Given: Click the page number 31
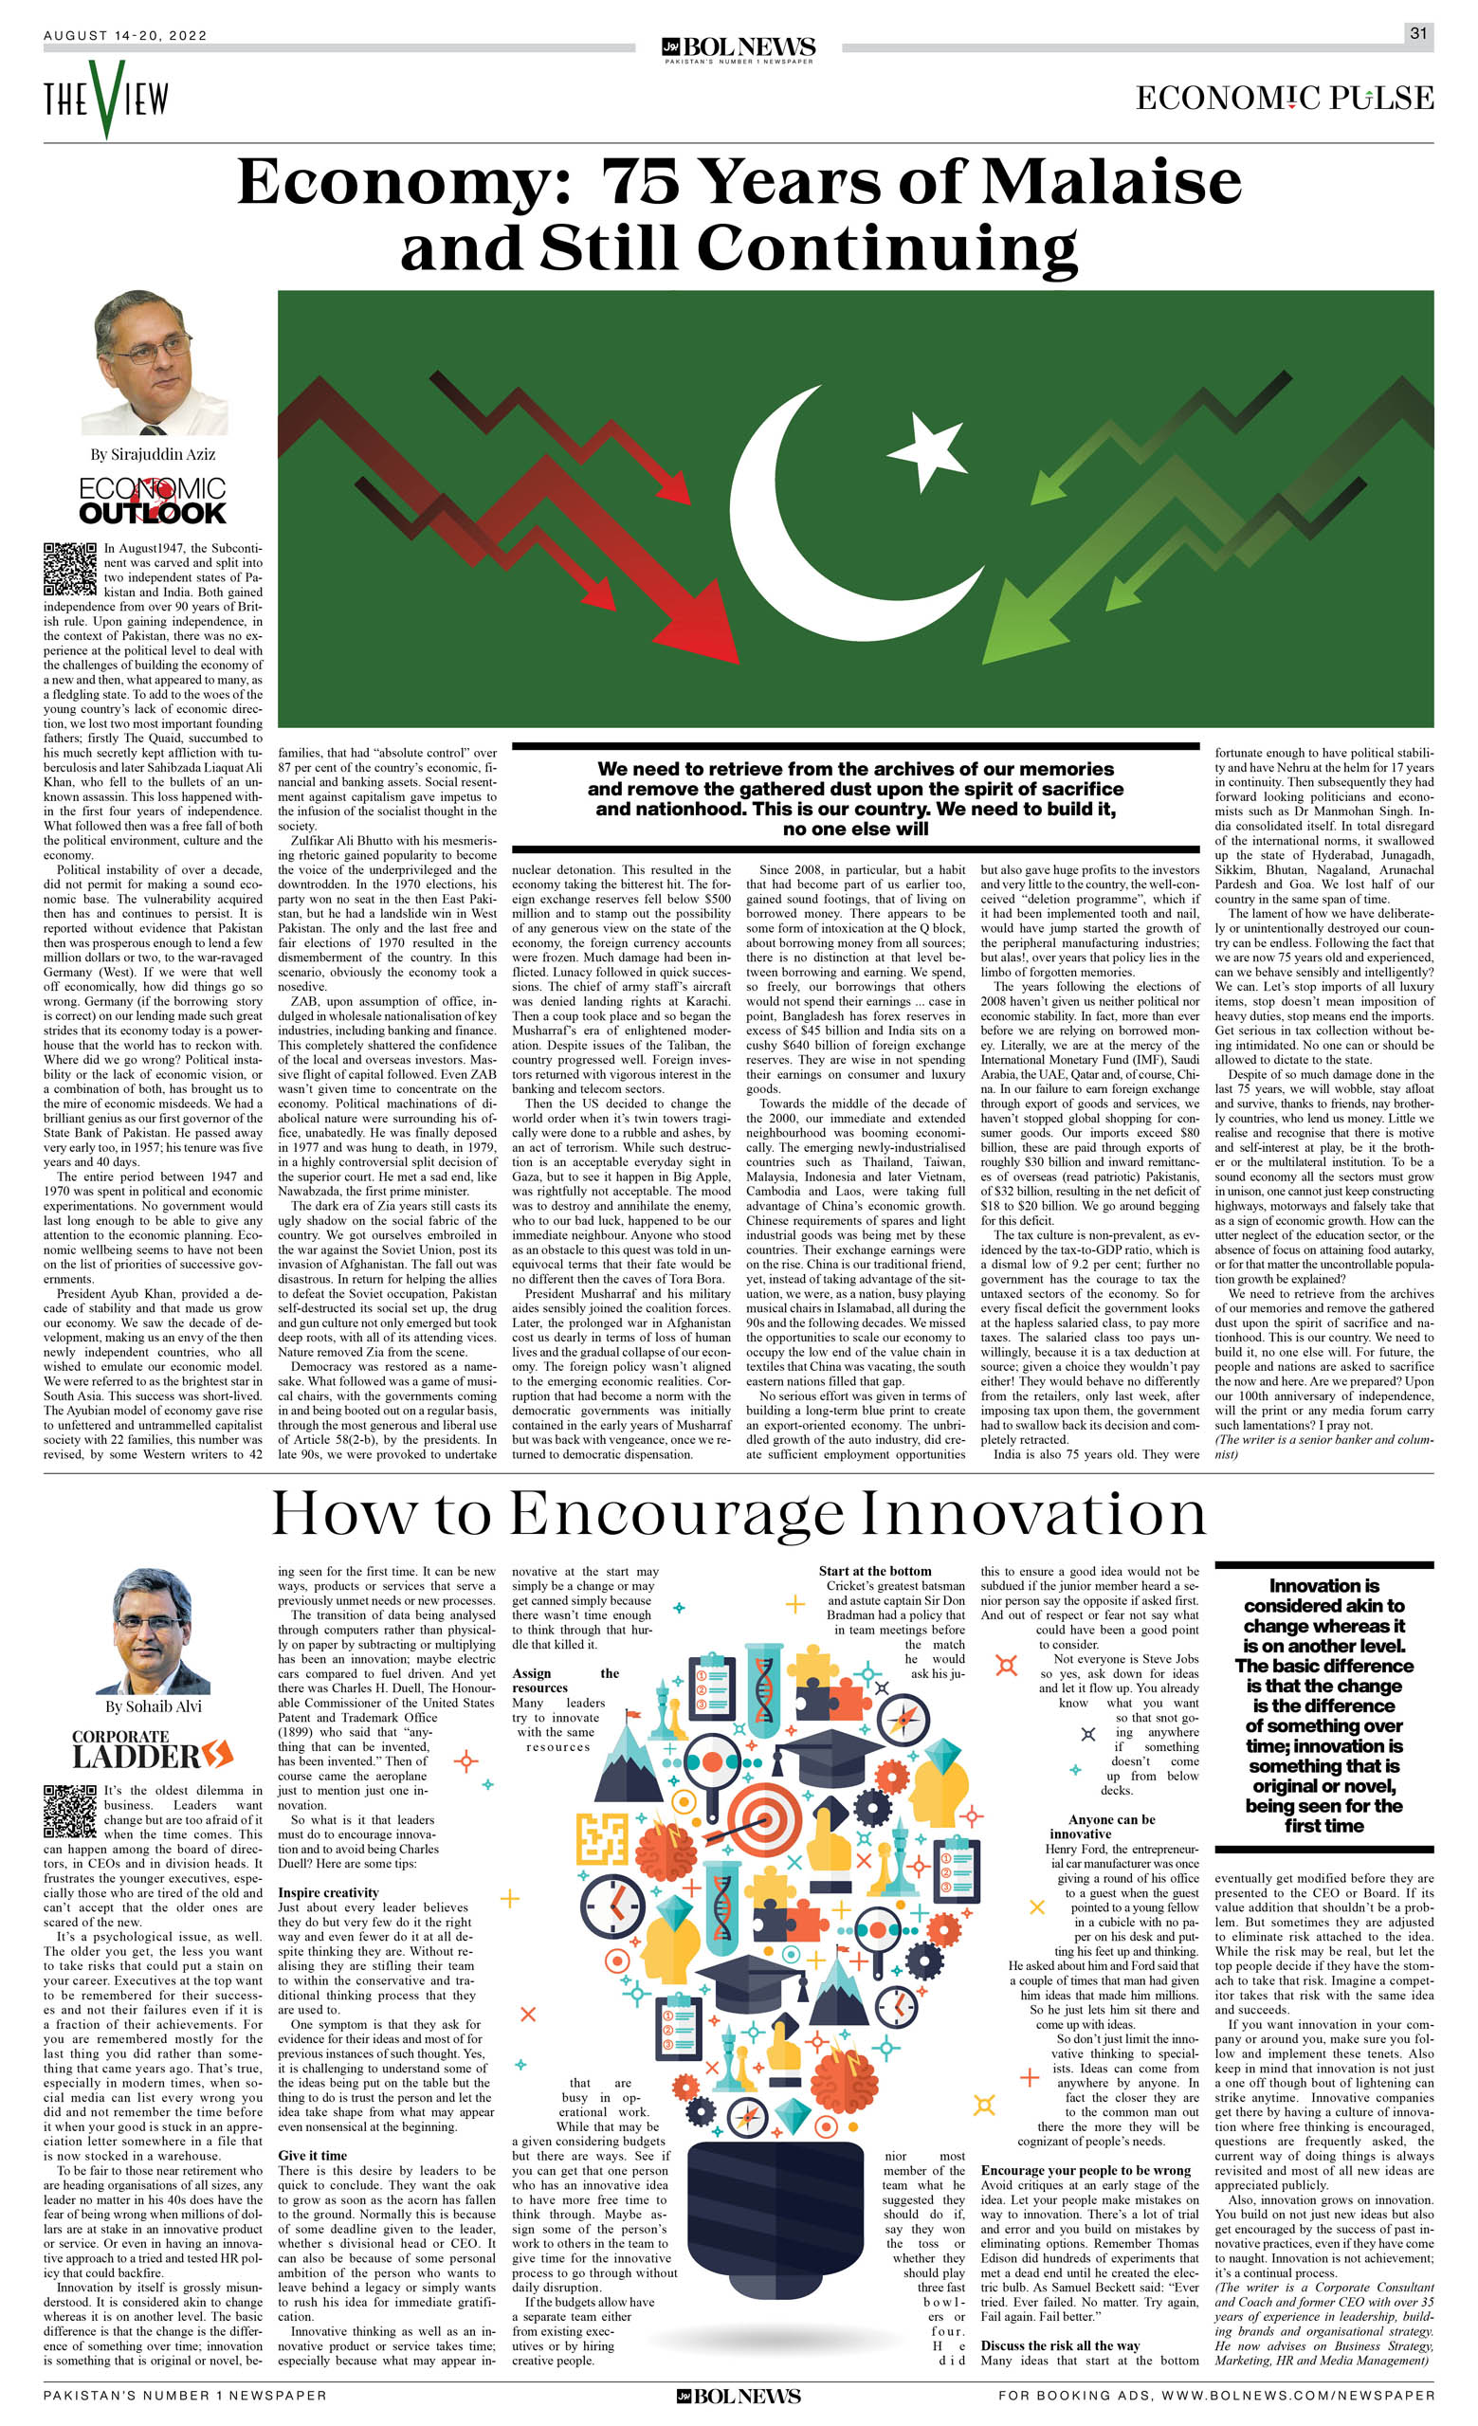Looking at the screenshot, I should (1417, 33).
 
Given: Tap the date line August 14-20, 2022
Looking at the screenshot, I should (125, 35).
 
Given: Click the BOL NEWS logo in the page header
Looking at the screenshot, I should (739, 48).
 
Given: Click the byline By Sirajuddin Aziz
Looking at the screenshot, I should (153, 454).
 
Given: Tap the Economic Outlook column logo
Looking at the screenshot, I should (153, 502).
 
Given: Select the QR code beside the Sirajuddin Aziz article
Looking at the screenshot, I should (70, 568).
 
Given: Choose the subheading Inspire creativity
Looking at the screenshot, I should (328, 1892).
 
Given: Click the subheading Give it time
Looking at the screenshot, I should (312, 2155).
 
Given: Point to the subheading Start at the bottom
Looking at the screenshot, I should (874, 1572).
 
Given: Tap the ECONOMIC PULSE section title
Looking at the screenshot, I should (1284, 98).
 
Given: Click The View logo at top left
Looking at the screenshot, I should (105, 98).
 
